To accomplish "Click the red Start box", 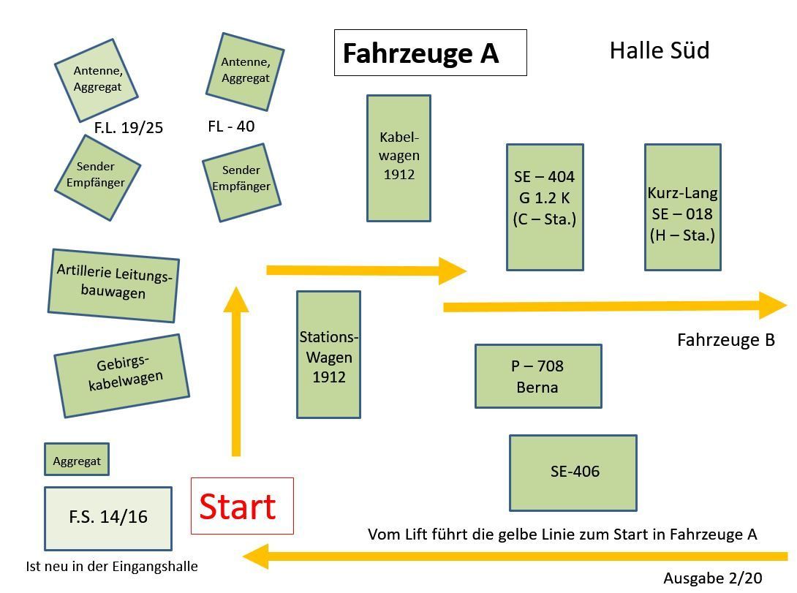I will pyautogui.click(x=241, y=506).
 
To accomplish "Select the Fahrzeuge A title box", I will pyautogui.click(x=430, y=53).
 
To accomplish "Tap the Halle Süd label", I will pyautogui.click(x=659, y=50).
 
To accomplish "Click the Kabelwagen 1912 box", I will pyautogui.click(x=398, y=157).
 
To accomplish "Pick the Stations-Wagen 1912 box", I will pyautogui.click(x=328, y=355).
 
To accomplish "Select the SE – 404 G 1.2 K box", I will pyautogui.click(x=545, y=207).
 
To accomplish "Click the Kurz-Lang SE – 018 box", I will pyautogui.click(x=682, y=207).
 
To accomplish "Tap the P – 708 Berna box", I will pyautogui.click(x=538, y=376).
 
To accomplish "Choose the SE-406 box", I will pyautogui.click(x=573, y=472).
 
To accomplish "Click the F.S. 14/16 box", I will pyautogui.click(x=107, y=518).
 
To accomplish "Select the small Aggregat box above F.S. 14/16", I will pyautogui.click(x=77, y=461).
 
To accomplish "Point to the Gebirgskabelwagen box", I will pyautogui.click(x=121, y=376).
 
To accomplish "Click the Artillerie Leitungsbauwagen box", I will pyautogui.click(x=113, y=285).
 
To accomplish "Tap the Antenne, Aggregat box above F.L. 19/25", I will pyautogui.click(x=97, y=80).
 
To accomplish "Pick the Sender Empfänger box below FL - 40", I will pyautogui.click(x=241, y=181).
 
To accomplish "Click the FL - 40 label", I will pyautogui.click(x=231, y=126).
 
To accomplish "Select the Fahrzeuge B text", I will pyautogui.click(x=725, y=340).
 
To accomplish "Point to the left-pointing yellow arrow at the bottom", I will pyautogui.click(x=512, y=557).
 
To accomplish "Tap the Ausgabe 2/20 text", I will pyautogui.click(x=712, y=578).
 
